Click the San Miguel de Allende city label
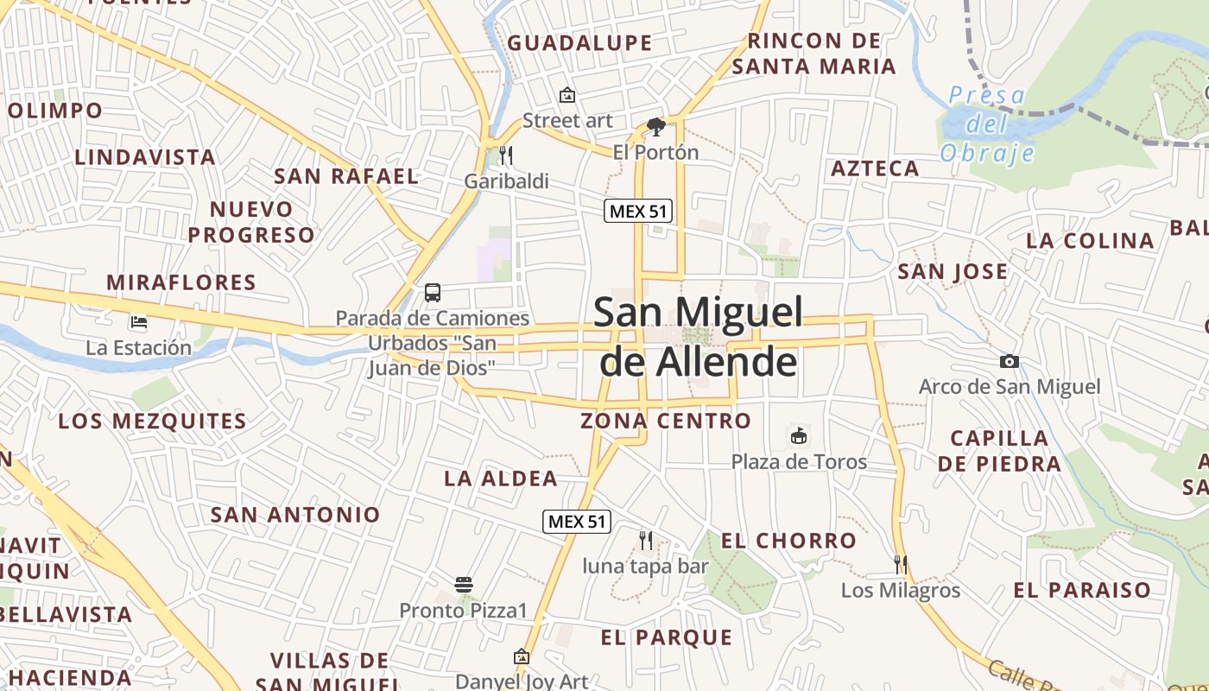pos(698,337)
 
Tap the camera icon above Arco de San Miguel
pos(1009,361)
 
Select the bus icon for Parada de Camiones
pos(432,293)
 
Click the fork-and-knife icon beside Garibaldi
pos(506,155)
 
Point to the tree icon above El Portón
pos(655,127)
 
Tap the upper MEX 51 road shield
pos(637,211)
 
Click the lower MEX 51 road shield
pos(577,521)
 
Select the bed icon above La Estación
pos(138,323)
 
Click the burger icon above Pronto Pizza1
pos(463,585)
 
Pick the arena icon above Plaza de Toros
pos(799,435)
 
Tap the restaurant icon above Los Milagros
pos(900,565)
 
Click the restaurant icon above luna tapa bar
pos(645,541)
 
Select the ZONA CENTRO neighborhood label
pos(665,421)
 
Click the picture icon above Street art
pos(567,95)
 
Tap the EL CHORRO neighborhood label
pos(788,541)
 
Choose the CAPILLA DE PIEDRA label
pos(999,451)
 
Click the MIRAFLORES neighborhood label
pos(181,282)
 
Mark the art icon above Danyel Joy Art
pos(521,656)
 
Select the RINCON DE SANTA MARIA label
pos(814,54)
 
